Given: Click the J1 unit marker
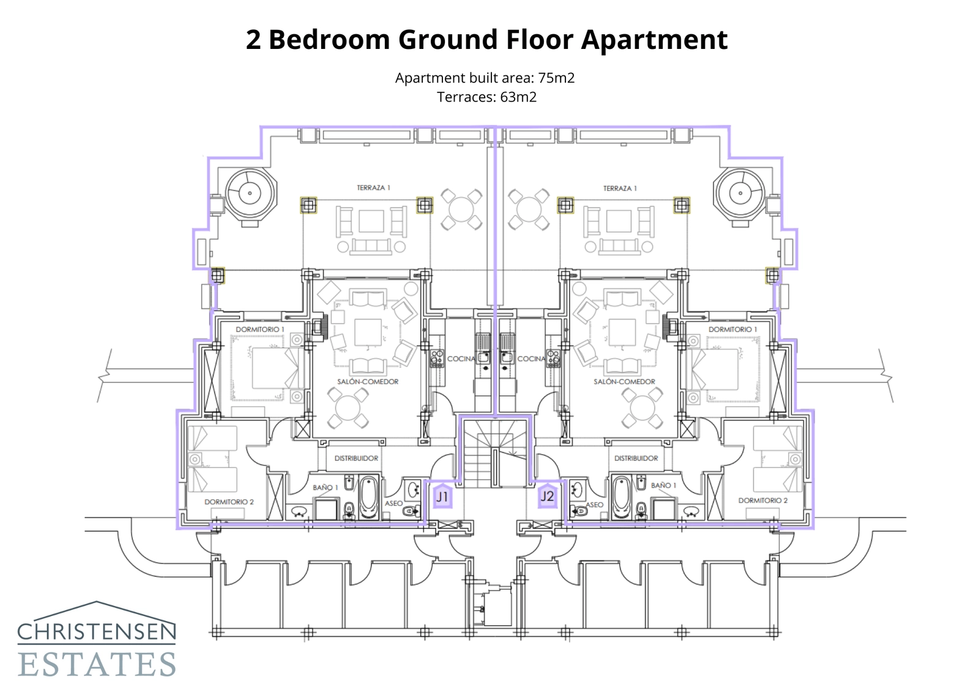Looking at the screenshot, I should click(442, 496).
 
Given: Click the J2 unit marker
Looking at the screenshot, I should click(546, 496).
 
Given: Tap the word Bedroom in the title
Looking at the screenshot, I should click(329, 40).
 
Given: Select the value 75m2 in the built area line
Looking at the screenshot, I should click(556, 78).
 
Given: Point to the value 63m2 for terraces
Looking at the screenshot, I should click(518, 97).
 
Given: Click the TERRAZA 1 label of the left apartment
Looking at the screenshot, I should click(373, 188).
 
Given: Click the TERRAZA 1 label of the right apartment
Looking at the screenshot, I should click(620, 188).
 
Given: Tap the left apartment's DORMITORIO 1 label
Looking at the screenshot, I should click(260, 329).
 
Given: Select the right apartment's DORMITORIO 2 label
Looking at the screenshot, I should click(762, 500).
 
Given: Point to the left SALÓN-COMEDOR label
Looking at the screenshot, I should click(368, 382).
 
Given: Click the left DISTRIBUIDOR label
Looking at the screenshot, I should click(356, 458).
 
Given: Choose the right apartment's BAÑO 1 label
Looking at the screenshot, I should click(663, 485).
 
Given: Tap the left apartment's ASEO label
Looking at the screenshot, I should click(393, 504).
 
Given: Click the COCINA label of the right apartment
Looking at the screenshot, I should click(531, 359).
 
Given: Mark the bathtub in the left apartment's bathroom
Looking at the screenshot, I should click(369, 497).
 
